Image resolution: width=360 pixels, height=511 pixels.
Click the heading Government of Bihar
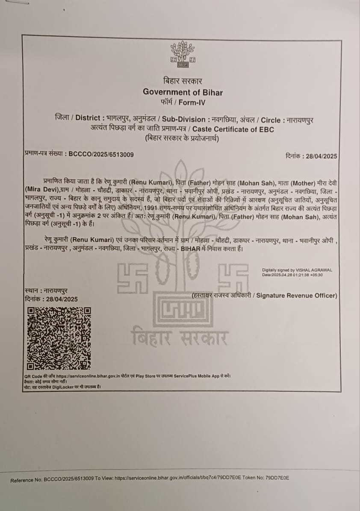pyautogui.click(x=183, y=92)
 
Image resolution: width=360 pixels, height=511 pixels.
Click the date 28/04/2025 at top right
pyautogui.click(x=322, y=156)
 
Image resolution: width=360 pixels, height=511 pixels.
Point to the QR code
pyautogui.click(x=59, y=338)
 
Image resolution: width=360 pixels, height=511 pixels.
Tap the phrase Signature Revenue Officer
pyautogui.click(x=296, y=295)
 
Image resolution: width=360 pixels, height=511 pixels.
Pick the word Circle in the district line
pyautogui.click(x=270, y=120)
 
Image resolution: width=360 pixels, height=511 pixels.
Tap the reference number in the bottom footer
pyautogui.click(x=69, y=479)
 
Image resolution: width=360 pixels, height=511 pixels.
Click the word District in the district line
pyautogui.click(x=88, y=118)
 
